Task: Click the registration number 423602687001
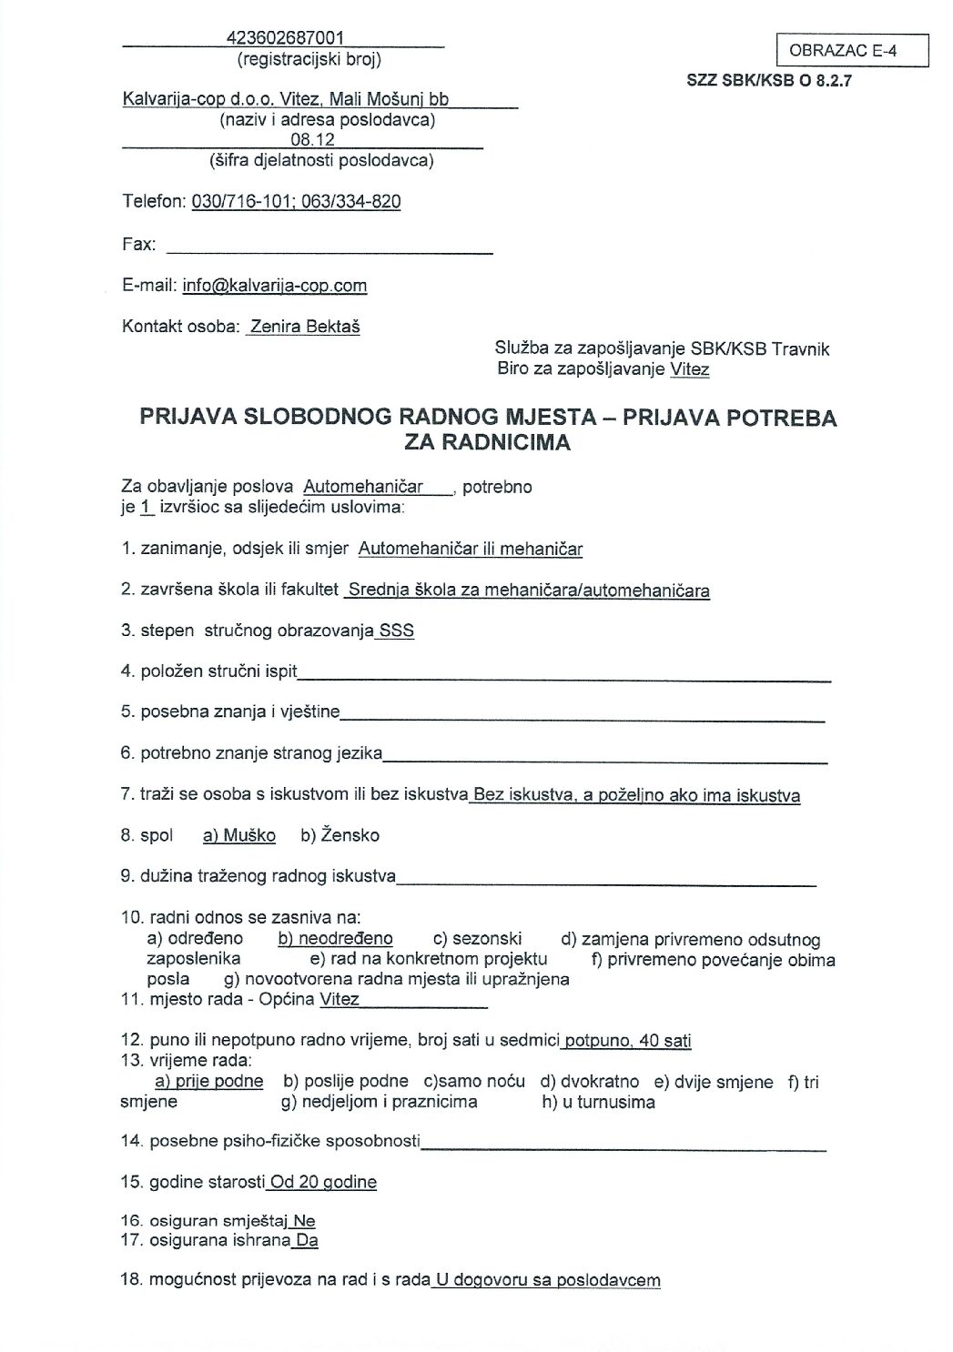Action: (x=285, y=38)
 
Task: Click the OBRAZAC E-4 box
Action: (x=852, y=51)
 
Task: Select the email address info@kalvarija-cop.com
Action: (x=275, y=286)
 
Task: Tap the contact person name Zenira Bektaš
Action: (x=305, y=327)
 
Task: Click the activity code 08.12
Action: (x=312, y=140)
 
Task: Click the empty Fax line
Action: (x=329, y=246)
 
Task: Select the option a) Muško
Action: (x=239, y=835)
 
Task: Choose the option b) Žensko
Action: (x=340, y=835)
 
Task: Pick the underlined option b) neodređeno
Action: (x=335, y=939)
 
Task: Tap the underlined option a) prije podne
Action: (x=209, y=1082)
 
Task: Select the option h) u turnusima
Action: (x=598, y=1102)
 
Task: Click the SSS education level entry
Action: (x=397, y=631)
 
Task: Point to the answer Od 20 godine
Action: (x=323, y=1182)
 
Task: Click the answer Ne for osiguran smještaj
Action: (x=305, y=1221)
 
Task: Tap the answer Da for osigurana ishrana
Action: (x=307, y=1240)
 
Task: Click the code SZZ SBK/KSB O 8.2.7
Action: (x=769, y=80)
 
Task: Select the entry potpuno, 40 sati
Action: (x=629, y=1041)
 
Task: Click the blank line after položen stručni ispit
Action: (x=564, y=674)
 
